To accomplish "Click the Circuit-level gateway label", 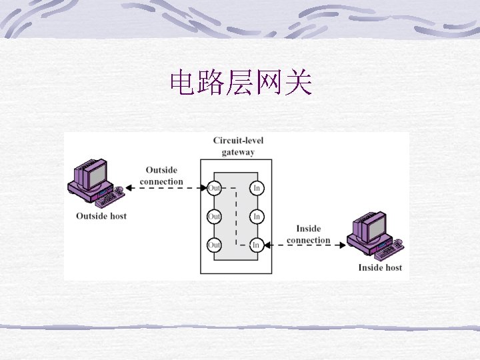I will (x=238, y=146).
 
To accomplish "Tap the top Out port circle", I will (x=214, y=189).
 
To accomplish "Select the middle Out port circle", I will (x=214, y=217).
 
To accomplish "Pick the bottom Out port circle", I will (x=214, y=245).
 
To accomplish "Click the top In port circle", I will (x=257, y=189).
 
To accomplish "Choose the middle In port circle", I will (x=257, y=217).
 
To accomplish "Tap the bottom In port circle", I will (x=257, y=245).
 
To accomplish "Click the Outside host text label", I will (x=101, y=216).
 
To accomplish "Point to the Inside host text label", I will (x=380, y=267).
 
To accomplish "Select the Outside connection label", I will (x=161, y=176).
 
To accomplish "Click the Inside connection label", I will (x=308, y=235).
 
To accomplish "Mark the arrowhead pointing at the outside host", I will (x=129, y=189).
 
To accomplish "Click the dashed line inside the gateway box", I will (x=235, y=217).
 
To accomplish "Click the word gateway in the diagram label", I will (x=238, y=152).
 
